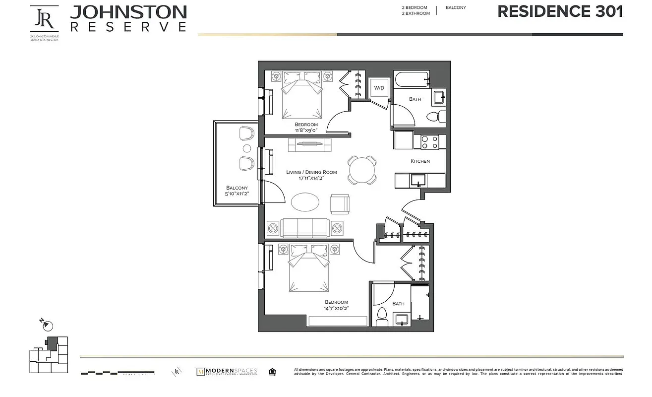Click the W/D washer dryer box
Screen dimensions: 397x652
379,88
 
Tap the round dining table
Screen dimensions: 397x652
362,170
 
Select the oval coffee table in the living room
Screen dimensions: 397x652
305,202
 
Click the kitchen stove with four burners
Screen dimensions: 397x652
429,142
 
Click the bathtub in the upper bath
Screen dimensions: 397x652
411,79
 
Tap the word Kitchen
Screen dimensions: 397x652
420,161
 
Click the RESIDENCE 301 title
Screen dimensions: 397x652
560,12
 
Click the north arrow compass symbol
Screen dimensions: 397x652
47,326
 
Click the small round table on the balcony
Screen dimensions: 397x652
246,148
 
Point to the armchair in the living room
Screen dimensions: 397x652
340,203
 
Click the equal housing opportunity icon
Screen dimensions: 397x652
272,371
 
